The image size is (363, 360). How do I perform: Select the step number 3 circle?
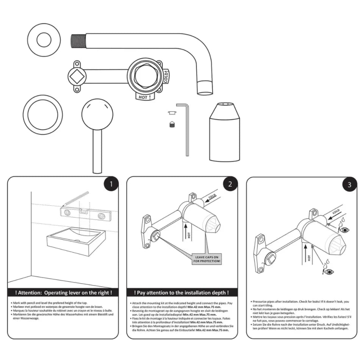tap(349, 185)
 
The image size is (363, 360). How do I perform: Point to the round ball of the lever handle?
tap(97, 114)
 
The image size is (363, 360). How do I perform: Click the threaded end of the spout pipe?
tap(78, 40)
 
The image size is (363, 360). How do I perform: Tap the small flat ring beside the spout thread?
tap(45, 40)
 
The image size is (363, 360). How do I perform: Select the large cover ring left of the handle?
tap(42, 114)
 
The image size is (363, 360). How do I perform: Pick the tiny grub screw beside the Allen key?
tap(171, 124)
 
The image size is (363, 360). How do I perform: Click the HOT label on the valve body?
tap(143, 97)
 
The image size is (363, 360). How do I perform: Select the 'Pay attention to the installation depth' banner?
tap(181, 293)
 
